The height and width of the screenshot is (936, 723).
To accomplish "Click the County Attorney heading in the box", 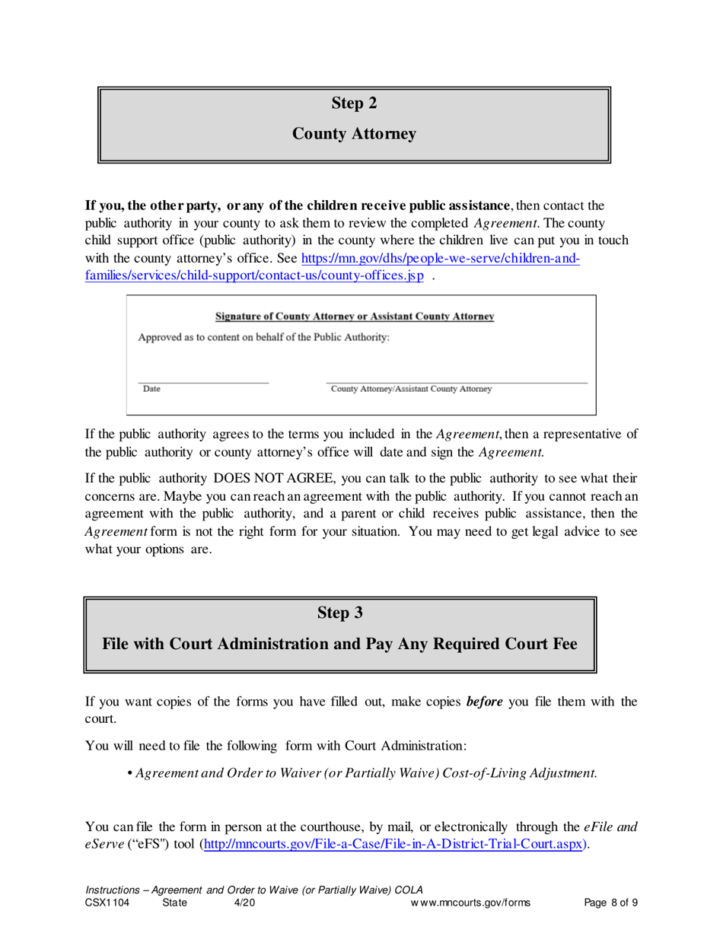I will pos(355,135).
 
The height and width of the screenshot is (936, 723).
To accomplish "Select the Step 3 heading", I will pos(339,611).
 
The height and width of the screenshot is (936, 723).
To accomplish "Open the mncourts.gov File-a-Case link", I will pos(395,845).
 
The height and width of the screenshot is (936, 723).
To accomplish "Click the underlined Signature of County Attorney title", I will pos(355,316).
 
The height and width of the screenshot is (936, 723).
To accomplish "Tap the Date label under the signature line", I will pos(151,390).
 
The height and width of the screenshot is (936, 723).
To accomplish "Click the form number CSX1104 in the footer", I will pos(109,903).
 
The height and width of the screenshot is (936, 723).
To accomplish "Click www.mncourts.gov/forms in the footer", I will pos(470,903).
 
